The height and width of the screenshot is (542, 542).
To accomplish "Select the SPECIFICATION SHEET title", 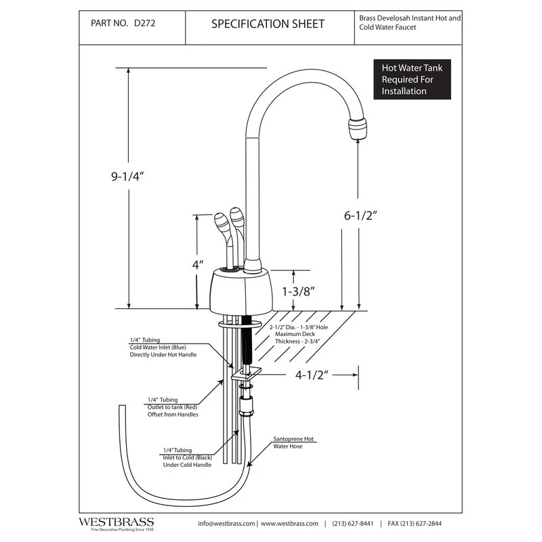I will pos(268,24).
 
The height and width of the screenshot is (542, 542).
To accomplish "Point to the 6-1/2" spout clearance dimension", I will pos(358,216).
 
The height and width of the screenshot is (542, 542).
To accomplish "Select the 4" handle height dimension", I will pos(197,265).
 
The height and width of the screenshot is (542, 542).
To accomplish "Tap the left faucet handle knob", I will pos(222,224).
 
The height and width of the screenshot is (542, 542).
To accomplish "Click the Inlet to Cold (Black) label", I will pos(188,457).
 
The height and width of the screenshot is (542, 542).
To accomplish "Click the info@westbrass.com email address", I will pos(226,524).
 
